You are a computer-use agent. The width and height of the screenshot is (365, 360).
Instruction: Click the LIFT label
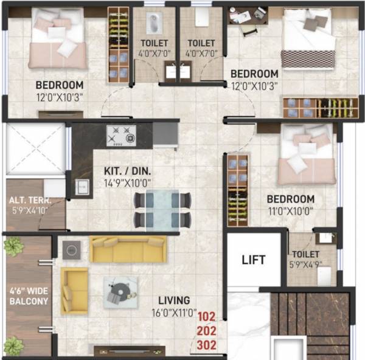coord(253,260)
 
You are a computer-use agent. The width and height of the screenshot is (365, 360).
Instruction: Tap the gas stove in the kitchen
coord(121,136)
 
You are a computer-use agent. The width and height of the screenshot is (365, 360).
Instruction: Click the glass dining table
coord(162,210)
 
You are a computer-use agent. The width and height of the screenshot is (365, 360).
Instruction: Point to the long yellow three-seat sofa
coord(128,249)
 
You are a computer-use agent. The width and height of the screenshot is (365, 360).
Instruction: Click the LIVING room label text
coord(175,300)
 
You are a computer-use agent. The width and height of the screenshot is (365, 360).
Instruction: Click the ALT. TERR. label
coord(29,199)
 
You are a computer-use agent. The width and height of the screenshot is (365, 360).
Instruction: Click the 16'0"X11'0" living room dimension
coord(173,314)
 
